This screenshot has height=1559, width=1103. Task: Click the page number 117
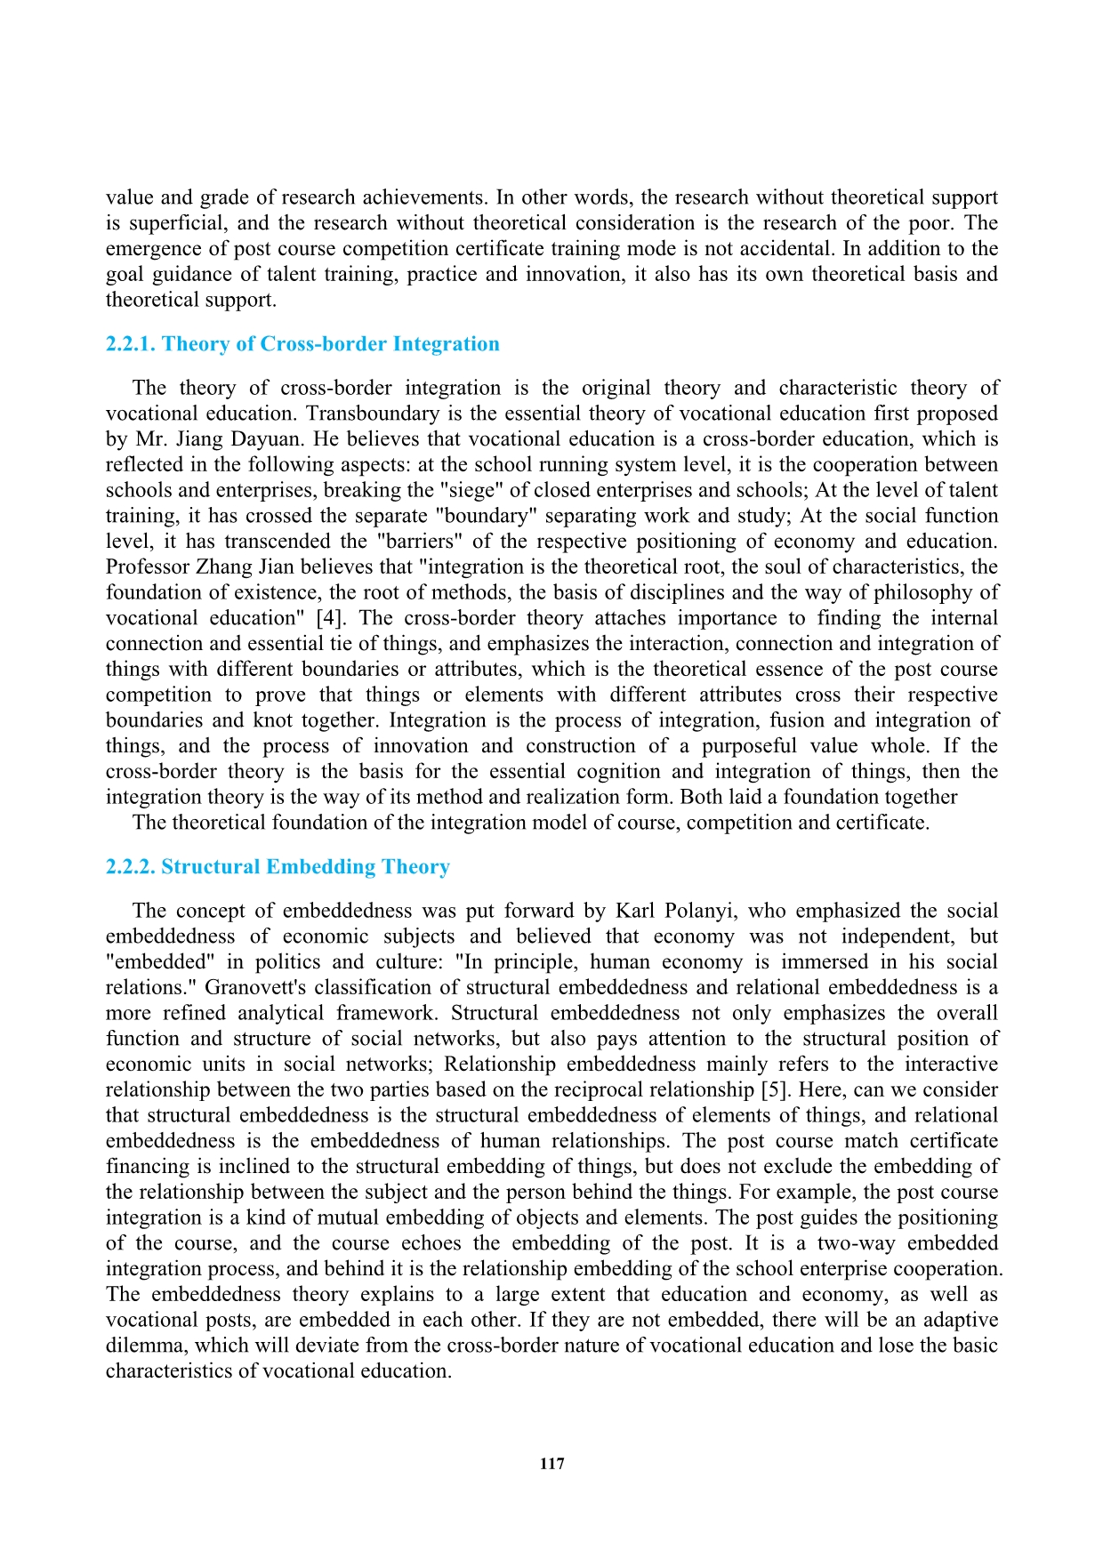point(551,1464)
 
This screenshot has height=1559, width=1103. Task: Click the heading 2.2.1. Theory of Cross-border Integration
point(302,344)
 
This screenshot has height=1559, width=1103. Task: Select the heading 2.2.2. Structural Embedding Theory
point(278,867)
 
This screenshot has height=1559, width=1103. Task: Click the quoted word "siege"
point(436,490)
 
